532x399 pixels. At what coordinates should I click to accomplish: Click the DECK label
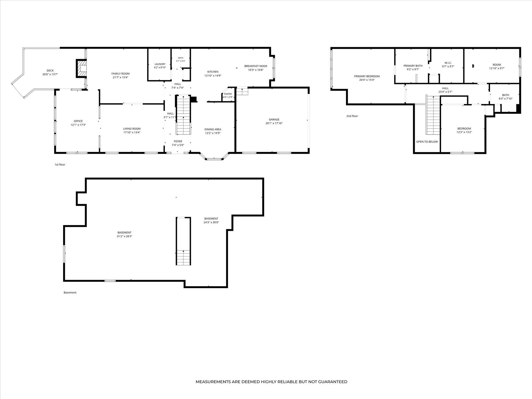[50, 71]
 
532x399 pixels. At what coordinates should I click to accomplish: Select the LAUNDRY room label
[160, 64]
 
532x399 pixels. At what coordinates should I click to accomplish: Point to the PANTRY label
[228, 94]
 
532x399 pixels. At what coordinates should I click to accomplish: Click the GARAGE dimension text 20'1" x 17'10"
[274, 123]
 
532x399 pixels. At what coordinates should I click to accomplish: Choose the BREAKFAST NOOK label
[256, 66]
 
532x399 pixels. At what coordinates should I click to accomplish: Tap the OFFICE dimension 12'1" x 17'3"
[78, 125]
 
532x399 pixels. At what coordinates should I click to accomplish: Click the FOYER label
[178, 141]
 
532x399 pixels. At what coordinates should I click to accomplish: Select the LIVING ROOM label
[132, 129]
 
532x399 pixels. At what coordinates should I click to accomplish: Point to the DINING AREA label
[213, 129]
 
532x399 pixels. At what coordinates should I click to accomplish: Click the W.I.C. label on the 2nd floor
[448, 63]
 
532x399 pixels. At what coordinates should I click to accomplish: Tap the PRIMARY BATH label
[413, 66]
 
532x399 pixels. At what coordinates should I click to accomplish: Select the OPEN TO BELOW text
[427, 142]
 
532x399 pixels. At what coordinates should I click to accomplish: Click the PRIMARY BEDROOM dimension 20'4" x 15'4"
[367, 80]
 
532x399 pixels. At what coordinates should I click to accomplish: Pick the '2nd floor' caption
[352, 116]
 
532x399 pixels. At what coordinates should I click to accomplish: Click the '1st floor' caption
[60, 165]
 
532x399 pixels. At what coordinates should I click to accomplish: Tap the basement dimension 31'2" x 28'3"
[124, 236]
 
